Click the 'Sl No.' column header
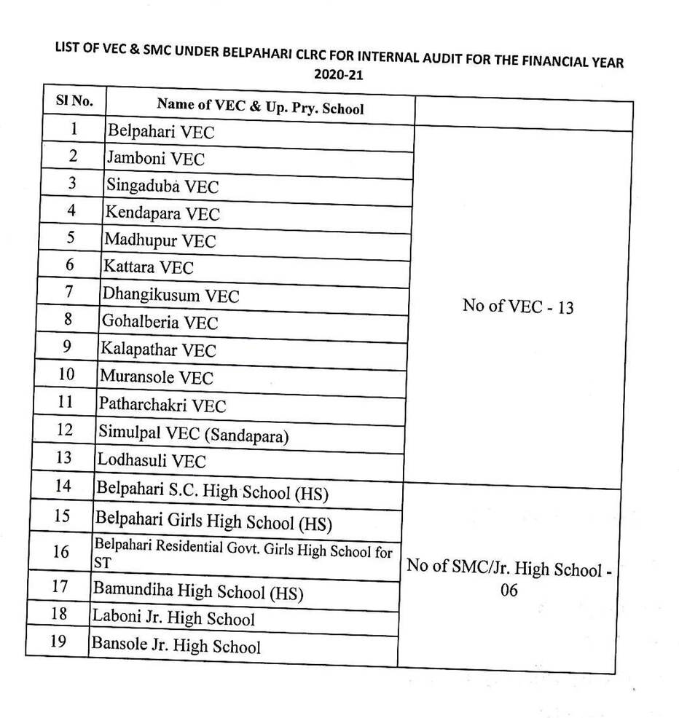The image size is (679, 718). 75,101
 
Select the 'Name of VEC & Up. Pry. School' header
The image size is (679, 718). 260,106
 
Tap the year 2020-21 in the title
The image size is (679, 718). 339,75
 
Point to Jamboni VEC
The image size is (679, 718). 156,159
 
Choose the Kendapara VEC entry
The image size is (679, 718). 162,213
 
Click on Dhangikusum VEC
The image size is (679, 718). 171,296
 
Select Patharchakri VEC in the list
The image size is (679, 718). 163,406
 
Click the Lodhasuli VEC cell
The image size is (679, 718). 152,461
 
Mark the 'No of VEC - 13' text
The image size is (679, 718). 518,307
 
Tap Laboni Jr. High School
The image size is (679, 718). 173,618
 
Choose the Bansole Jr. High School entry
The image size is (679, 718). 176,645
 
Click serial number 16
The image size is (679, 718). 61,552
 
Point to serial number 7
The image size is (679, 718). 70,291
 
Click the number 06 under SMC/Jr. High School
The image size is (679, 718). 509,590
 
